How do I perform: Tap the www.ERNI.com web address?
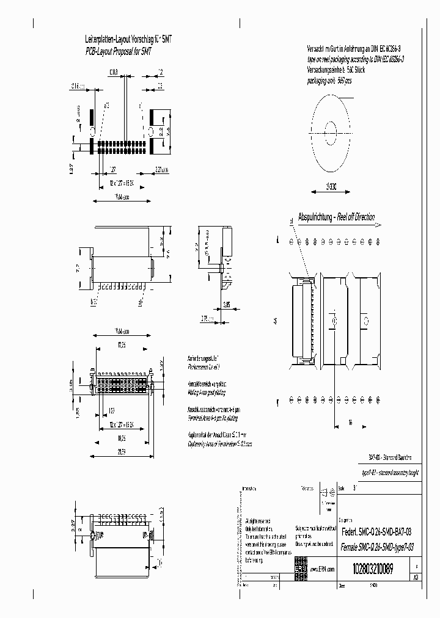click(x=323, y=569)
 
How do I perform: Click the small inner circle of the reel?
click(x=331, y=129)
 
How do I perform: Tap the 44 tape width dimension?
click(x=276, y=319)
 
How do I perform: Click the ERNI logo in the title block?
click(x=302, y=565)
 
